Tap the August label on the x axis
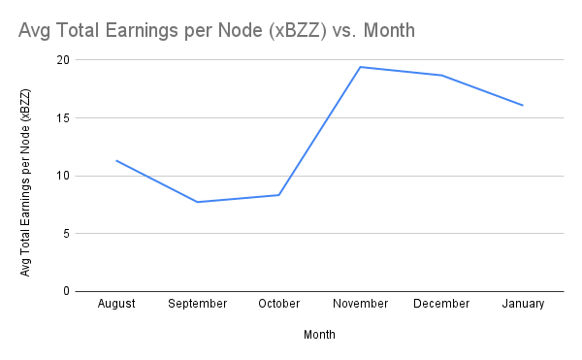pos(116,304)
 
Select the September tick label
pos(198,304)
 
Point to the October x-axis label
pos(279,304)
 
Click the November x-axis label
pos(360,304)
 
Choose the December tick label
pos(441,304)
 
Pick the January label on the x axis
pos(523,304)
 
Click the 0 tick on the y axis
pos(67,291)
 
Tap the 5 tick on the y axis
pos(67,234)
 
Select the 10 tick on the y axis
pos(64,176)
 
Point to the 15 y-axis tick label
pos(64,118)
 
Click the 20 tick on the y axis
pos(64,60)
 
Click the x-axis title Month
pos(319,334)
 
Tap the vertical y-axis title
pos(26,182)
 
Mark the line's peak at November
pos(360,67)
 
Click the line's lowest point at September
pos(198,202)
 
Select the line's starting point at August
pos(116,160)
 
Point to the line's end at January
pos(523,105)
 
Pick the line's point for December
pos(441,75)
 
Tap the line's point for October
pos(279,195)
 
